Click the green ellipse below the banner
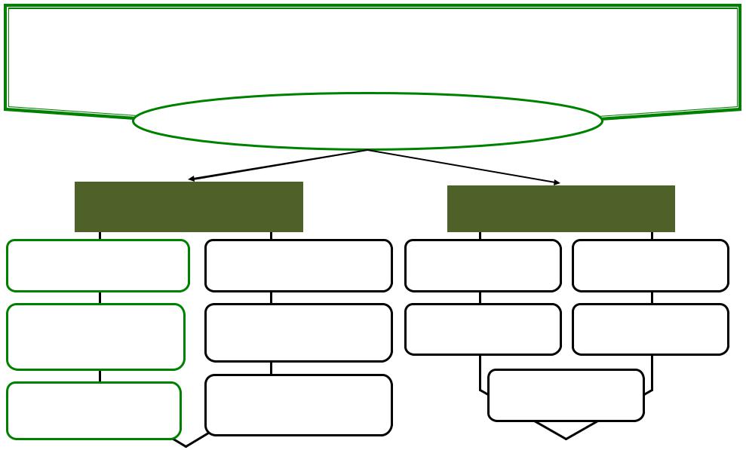(367, 121)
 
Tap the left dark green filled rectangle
(189, 207)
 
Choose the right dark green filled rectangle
(560, 209)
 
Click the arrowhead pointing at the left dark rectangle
(192, 179)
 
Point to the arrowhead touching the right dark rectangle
(557, 182)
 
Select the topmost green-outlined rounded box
(97, 265)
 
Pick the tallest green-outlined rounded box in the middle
(96, 336)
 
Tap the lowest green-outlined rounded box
(94, 410)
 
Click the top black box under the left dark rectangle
(298, 265)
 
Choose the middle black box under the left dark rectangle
(298, 332)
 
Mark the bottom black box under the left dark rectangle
(298, 405)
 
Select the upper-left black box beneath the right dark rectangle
(483, 265)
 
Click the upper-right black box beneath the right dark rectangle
(650, 265)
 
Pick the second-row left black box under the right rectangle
(483, 329)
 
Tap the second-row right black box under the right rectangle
(650, 329)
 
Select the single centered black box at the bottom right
(566, 394)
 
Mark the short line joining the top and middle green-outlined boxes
(100, 298)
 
